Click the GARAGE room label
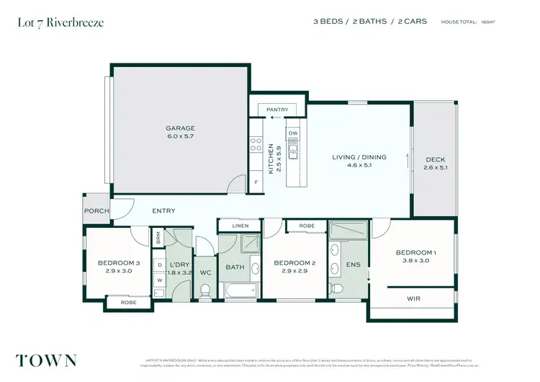pos(180,128)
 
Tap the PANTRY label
pos(277,110)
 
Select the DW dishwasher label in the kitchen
pos(293,133)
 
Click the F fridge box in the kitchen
pos(256,182)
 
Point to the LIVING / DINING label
pos(359,157)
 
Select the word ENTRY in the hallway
pos(163,211)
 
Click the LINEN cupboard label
pos(240,226)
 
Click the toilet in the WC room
pos(205,290)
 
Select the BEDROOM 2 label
pos(294,263)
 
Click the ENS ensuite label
pos(353,265)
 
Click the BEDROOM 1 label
pos(415,252)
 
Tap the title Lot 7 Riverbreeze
pos(60,23)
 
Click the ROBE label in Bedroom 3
pos(128,303)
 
